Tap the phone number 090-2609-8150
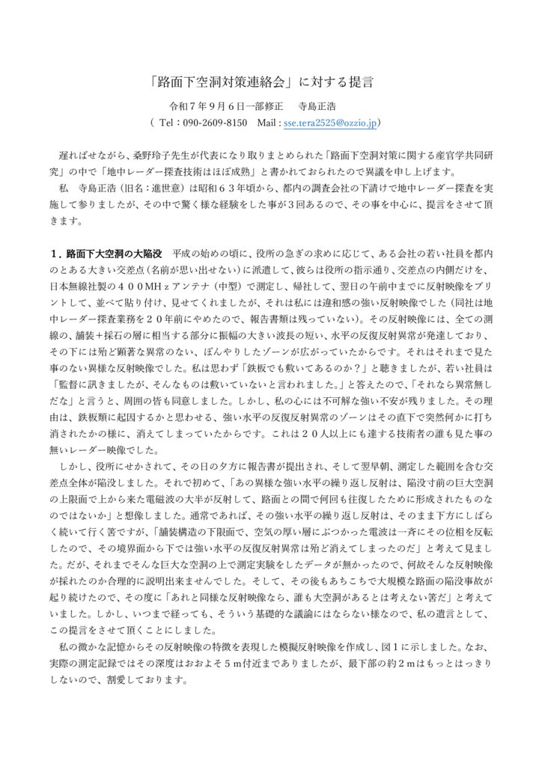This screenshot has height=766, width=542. point(214,122)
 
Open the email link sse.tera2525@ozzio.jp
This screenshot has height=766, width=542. point(331,122)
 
